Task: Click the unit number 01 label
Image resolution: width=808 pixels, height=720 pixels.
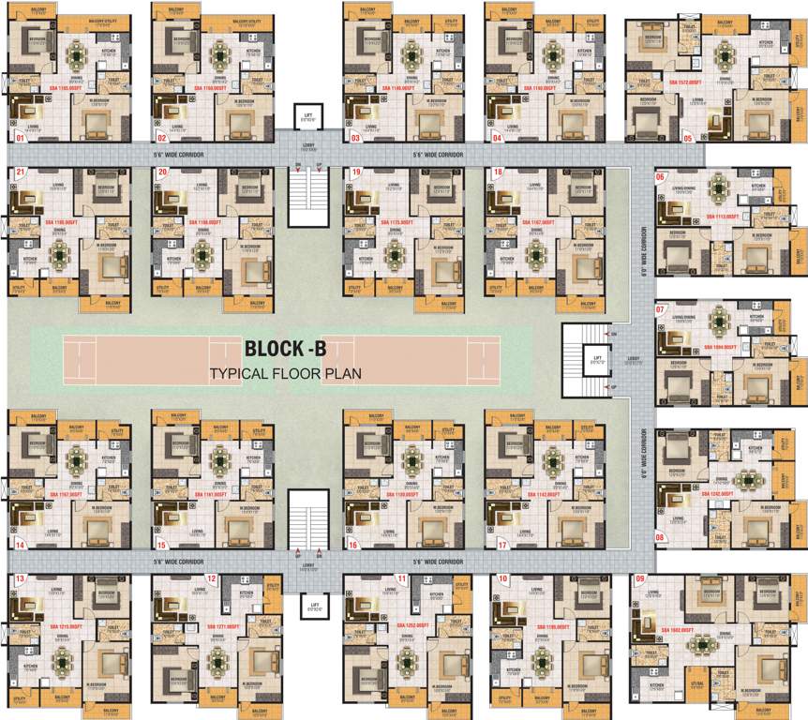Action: [x=17, y=137]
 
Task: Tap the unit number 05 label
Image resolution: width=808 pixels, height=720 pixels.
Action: [x=688, y=138]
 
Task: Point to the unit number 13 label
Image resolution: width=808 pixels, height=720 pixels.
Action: [x=18, y=579]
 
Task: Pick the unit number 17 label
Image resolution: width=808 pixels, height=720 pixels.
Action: [x=502, y=544]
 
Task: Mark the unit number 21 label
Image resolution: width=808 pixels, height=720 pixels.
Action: [x=18, y=172]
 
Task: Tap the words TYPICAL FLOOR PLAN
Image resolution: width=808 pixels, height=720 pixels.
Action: [x=285, y=373]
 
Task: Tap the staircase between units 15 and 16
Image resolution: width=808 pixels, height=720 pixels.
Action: [x=306, y=521]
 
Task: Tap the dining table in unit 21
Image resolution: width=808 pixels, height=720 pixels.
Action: [x=60, y=250]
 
